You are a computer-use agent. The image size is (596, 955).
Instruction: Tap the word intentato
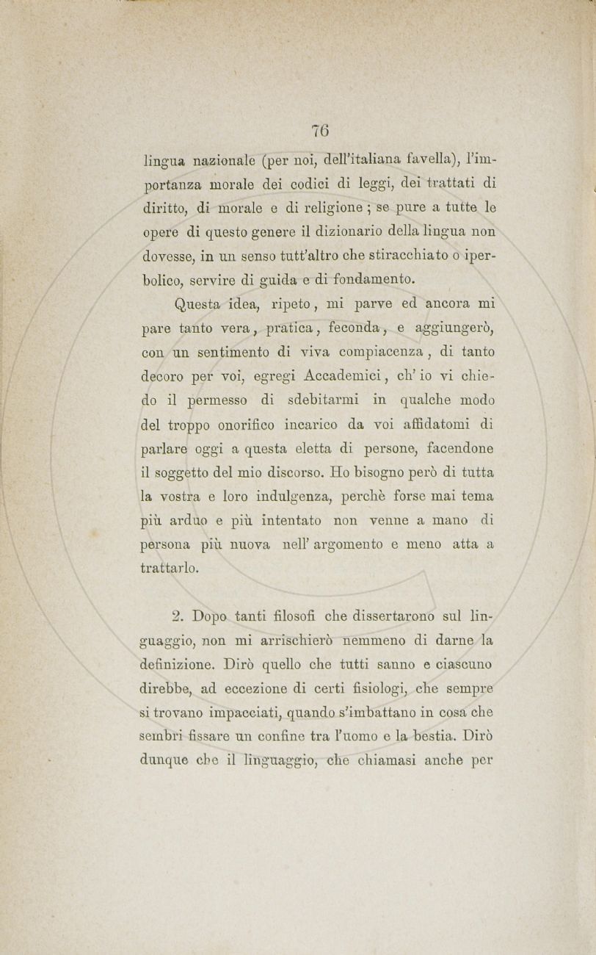pos(288,520)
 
